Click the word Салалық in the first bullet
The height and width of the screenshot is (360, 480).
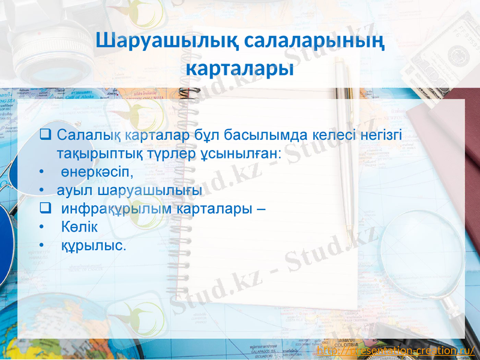(x=82, y=136)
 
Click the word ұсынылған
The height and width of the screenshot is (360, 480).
(x=248, y=154)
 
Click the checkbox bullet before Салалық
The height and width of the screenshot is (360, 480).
(x=44, y=135)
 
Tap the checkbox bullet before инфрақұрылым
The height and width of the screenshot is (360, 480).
(x=44, y=209)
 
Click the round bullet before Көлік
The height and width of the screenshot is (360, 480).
(x=41, y=228)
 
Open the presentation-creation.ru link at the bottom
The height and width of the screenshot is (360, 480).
(x=395, y=350)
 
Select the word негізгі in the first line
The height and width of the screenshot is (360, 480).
(x=381, y=136)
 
